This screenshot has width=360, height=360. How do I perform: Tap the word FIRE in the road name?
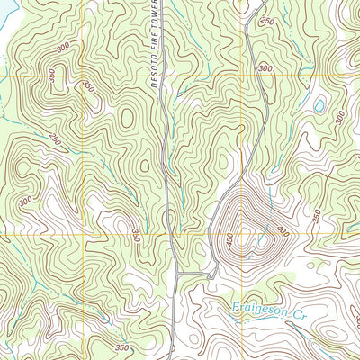click(152, 45)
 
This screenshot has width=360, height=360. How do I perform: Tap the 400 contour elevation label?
click(284, 231)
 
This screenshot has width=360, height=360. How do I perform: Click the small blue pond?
click(319, 106)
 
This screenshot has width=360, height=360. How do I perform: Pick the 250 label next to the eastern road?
click(267, 21)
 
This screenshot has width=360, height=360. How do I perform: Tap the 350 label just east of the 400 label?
click(316, 216)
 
